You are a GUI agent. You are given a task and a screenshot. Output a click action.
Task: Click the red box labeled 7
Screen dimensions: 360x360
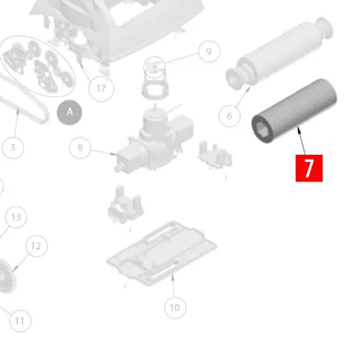click(x=309, y=168)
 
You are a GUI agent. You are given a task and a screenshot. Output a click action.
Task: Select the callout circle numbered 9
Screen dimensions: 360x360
click(x=208, y=51)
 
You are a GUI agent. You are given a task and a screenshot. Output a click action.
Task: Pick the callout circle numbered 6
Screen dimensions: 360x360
click(x=230, y=115)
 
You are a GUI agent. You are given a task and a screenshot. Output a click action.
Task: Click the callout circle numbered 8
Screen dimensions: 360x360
click(x=81, y=148)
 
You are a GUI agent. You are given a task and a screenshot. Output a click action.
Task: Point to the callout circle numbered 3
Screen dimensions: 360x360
click(x=12, y=148)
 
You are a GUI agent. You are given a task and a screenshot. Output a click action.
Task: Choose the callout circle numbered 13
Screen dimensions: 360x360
click(x=16, y=217)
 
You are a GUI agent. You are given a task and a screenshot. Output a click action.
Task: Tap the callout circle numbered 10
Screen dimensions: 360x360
click(x=174, y=308)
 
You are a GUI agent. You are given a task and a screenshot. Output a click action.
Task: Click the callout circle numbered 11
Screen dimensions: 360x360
click(x=19, y=320)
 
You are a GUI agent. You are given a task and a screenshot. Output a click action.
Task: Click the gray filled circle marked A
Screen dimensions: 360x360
click(x=70, y=112)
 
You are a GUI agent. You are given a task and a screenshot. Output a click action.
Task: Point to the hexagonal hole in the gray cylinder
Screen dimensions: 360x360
click(x=260, y=130)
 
